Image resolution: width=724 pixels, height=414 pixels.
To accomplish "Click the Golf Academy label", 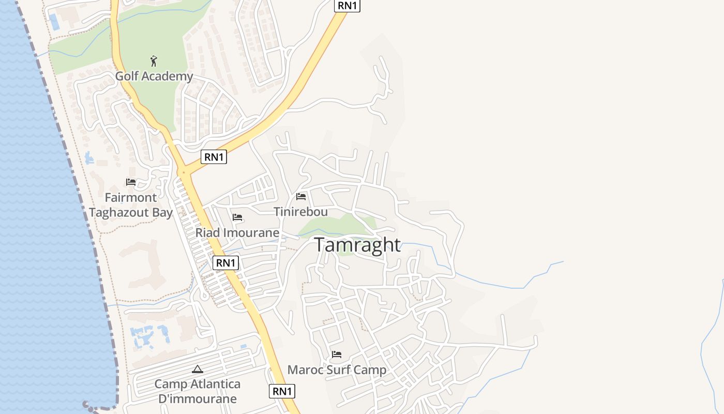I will [x=154, y=76].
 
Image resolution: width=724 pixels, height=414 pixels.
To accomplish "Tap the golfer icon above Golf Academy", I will [x=154, y=62].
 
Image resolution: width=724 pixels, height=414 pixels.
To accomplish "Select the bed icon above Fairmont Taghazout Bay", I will [x=131, y=182].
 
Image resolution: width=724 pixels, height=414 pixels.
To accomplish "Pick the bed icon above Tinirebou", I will [x=301, y=197].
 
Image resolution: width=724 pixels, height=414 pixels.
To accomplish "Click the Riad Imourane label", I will [x=237, y=233].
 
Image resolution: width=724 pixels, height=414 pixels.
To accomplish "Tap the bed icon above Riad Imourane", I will [x=237, y=217].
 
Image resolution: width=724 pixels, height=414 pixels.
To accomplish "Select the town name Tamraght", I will [x=357, y=245].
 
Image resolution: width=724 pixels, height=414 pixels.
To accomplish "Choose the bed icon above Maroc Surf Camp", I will [x=337, y=354].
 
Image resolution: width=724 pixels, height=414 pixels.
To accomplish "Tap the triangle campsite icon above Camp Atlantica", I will [x=197, y=369].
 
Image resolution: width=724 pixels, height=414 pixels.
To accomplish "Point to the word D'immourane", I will [x=197, y=398].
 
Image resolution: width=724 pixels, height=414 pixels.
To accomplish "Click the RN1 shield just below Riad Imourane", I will [x=225, y=263].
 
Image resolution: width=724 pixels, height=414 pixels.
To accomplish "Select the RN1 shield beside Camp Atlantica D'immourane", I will [x=282, y=391].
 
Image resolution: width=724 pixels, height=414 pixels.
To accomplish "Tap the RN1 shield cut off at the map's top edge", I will [x=347, y=5].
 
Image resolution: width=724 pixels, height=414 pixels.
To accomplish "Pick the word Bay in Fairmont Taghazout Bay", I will [x=162, y=212].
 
